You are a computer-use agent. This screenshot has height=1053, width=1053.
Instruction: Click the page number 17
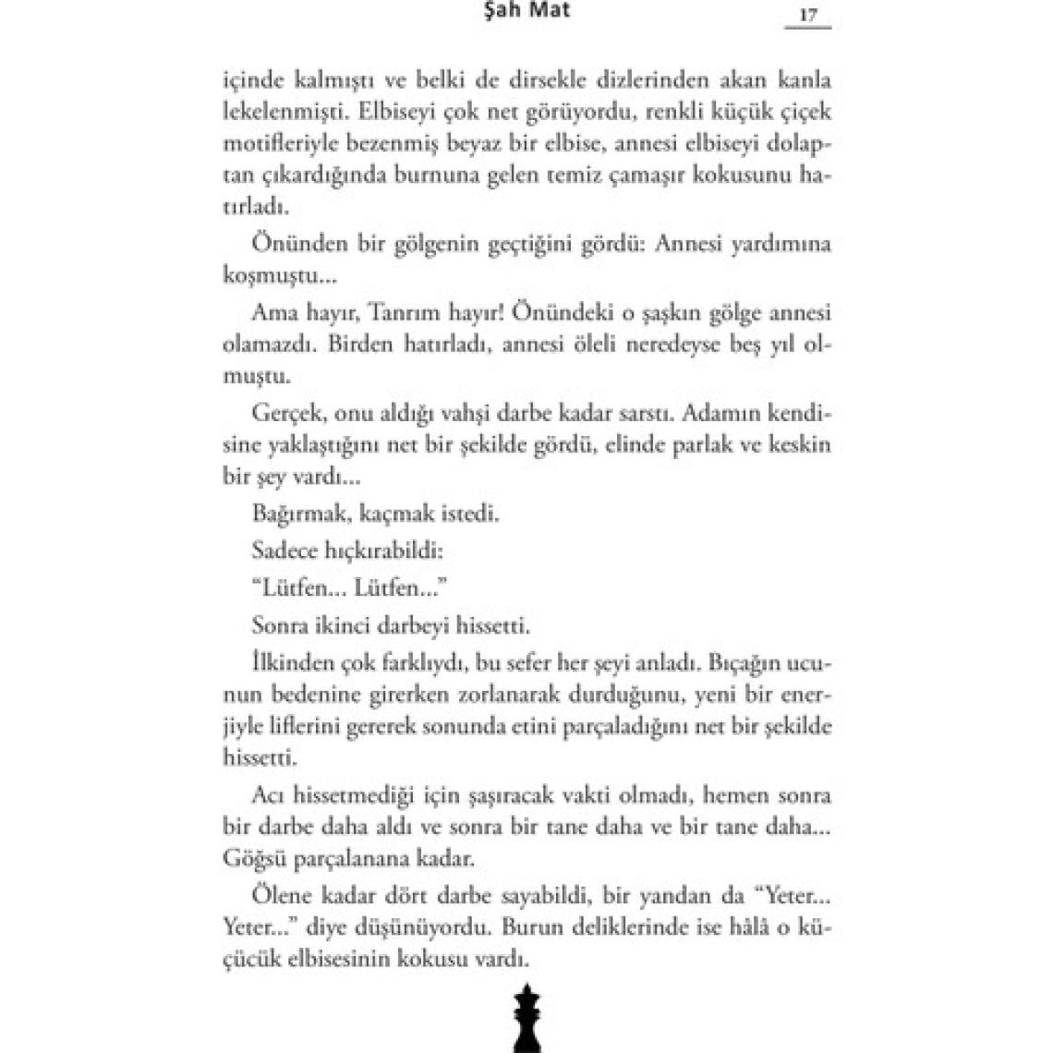[x=808, y=16]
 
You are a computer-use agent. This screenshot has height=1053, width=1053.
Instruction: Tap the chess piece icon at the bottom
[x=527, y=1016]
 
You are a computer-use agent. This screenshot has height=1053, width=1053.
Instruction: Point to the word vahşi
[x=503, y=413]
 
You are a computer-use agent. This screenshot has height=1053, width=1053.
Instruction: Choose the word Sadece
[x=284, y=551]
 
